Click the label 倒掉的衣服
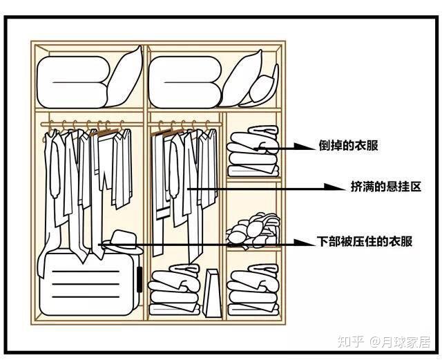348,146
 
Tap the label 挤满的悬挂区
386,187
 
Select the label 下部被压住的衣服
365,242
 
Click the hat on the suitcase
122,242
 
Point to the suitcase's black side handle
140,279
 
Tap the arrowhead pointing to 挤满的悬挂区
335,187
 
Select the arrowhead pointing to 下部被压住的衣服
304,243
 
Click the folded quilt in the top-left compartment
73,82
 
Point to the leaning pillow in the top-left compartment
124,77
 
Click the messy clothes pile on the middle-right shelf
253,231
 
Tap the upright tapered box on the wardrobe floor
213,293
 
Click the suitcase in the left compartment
90,283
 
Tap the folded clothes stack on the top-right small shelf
253,151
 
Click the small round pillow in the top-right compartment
262,88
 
